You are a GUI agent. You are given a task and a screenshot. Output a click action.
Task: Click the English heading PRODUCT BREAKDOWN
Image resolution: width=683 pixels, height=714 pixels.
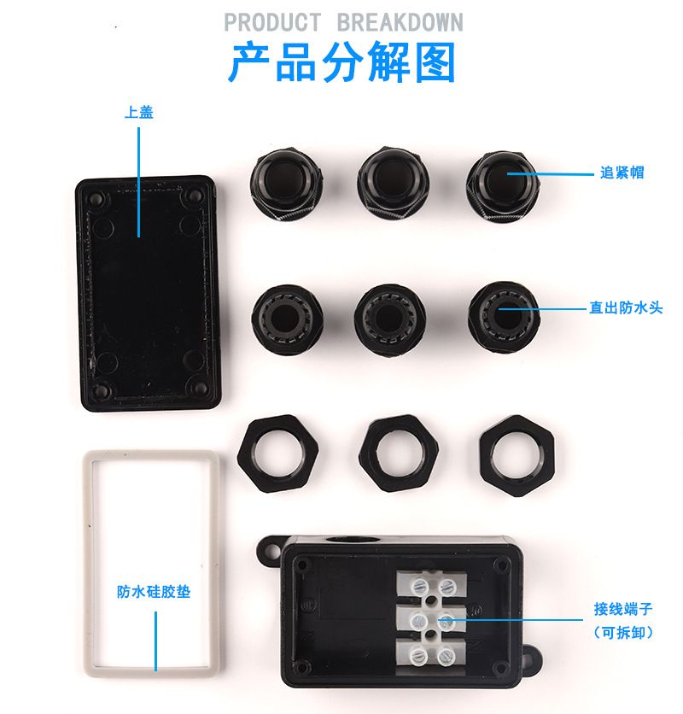344,22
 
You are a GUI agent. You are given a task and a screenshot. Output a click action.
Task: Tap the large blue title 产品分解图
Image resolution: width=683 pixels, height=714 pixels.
342,62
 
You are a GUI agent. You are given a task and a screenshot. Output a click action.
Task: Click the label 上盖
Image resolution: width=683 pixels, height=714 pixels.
139,112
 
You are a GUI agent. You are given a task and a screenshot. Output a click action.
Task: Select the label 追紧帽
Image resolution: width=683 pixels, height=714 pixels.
622,173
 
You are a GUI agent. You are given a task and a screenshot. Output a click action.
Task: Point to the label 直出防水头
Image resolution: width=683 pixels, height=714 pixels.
626,307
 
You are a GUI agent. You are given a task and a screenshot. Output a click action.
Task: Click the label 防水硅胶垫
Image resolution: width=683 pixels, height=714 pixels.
154,592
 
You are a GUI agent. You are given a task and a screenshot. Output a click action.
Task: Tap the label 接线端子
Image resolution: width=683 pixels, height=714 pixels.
623,609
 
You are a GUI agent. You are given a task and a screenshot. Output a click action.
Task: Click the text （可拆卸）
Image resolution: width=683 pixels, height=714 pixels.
623,633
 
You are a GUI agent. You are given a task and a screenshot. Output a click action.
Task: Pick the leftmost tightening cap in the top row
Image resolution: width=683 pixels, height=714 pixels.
287,184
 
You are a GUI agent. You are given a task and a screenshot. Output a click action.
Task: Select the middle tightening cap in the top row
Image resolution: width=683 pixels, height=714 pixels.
393,182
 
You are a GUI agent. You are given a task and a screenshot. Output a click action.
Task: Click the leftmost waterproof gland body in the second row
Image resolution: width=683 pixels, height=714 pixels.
288,316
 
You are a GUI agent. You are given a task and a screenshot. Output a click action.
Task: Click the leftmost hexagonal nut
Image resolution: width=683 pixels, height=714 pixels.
277,453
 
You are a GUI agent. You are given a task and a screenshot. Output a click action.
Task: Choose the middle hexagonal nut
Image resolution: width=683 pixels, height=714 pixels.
399,453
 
